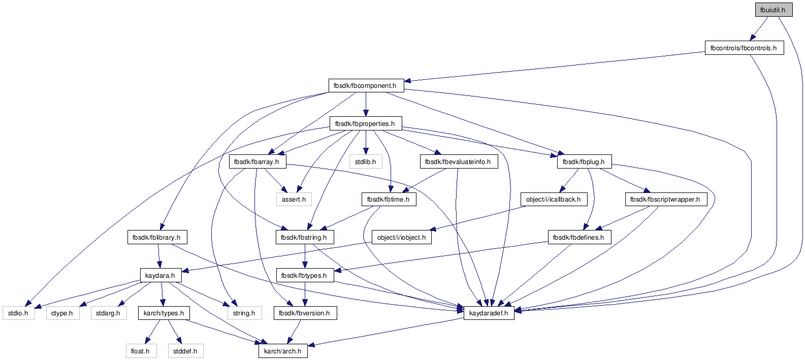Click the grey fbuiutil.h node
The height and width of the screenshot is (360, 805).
[x=774, y=10]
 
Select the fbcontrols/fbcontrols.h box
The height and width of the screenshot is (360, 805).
[x=744, y=48]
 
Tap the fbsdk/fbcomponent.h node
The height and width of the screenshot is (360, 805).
[x=366, y=85]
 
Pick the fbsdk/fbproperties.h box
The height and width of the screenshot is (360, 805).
[x=366, y=123]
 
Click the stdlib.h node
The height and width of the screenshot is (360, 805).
[x=366, y=161]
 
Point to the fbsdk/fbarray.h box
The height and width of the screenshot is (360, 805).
[x=257, y=161]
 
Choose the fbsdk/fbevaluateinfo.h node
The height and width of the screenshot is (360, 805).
[x=459, y=161]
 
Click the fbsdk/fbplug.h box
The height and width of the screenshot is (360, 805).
[x=585, y=161]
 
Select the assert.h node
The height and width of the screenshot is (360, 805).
[x=294, y=200]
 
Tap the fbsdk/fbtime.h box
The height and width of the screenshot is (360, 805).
[x=389, y=200]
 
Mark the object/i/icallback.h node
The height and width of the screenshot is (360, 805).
[x=554, y=200]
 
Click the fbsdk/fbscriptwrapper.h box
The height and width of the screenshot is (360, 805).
[x=666, y=200]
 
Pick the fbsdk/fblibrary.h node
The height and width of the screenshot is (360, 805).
[x=157, y=238]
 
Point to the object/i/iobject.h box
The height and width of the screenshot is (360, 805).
[x=402, y=238]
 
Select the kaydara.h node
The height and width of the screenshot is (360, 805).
[x=160, y=276]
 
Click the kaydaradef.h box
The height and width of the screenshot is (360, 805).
[x=489, y=313]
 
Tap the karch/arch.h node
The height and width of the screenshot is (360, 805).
[x=283, y=351]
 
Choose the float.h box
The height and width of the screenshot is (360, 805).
[x=141, y=351]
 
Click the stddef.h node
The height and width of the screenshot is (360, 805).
[x=185, y=351]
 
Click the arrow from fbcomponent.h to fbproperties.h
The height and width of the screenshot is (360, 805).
[x=366, y=105]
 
